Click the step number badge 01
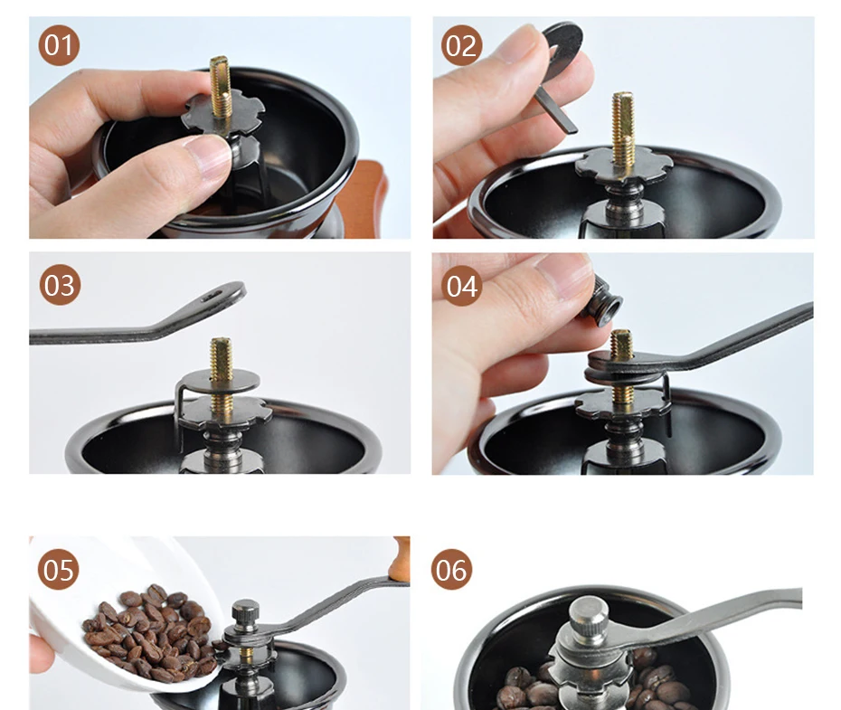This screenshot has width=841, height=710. (x=59, y=45)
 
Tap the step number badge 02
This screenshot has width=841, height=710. (x=461, y=45)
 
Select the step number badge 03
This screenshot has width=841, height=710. (x=60, y=285)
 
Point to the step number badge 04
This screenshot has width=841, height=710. (x=462, y=286)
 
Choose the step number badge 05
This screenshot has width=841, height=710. (x=59, y=570)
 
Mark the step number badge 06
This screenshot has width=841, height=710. (x=451, y=570)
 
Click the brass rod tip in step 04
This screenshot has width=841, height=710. (x=621, y=344)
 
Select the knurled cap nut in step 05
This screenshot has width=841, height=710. (x=246, y=612)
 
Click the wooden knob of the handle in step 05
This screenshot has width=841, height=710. (x=402, y=558)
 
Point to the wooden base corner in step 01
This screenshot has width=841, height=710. (x=370, y=198)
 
